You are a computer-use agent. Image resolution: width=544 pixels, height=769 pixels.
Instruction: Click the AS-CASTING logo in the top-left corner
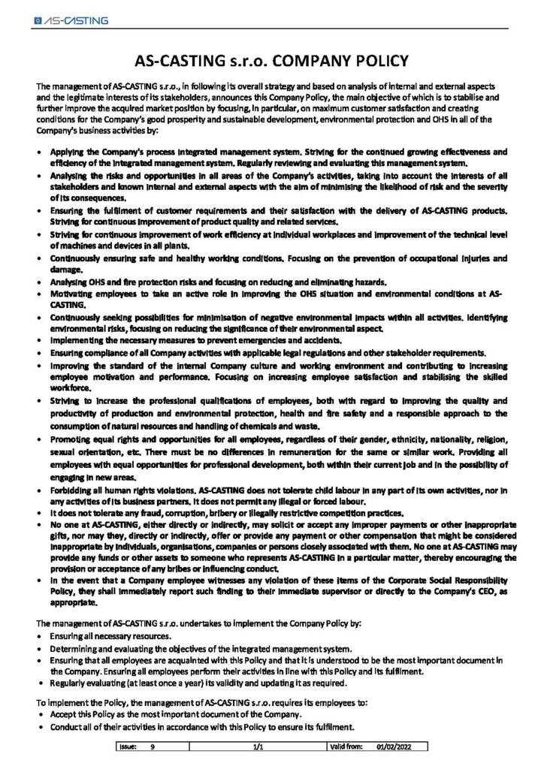coord(71,21)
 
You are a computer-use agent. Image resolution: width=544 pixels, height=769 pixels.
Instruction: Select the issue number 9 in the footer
coord(153,749)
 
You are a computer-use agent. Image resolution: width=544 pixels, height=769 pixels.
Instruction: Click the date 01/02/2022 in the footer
coord(385,749)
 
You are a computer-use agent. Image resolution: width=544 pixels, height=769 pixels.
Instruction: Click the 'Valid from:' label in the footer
coord(346,749)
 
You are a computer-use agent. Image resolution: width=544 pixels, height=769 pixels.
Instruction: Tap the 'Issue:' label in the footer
coord(125,749)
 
